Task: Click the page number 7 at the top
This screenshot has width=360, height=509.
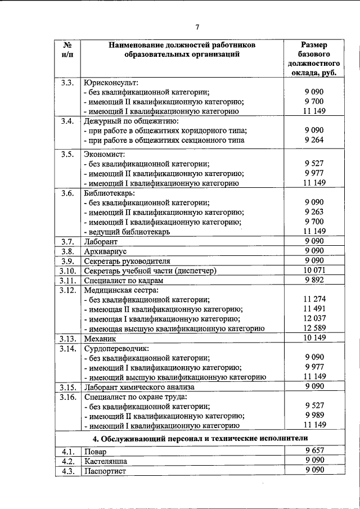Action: click(x=197, y=26)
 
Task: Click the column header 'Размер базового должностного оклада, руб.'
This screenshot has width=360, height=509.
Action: click(x=314, y=58)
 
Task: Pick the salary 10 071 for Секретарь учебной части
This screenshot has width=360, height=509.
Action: click(x=314, y=271)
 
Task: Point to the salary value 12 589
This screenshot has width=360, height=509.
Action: click(x=314, y=328)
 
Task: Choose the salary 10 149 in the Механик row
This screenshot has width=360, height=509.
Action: click(x=314, y=338)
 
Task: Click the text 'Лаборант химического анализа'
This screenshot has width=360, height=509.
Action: click(x=138, y=388)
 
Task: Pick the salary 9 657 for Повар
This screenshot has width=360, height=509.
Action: click(x=314, y=451)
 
